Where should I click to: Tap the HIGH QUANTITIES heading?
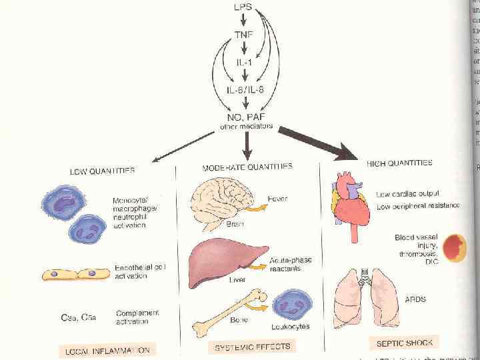point(399,163)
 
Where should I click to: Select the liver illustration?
point(221,262)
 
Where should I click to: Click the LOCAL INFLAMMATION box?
point(107,349)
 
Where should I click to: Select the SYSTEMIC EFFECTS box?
point(252,347)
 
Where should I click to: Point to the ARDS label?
point(416,299)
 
